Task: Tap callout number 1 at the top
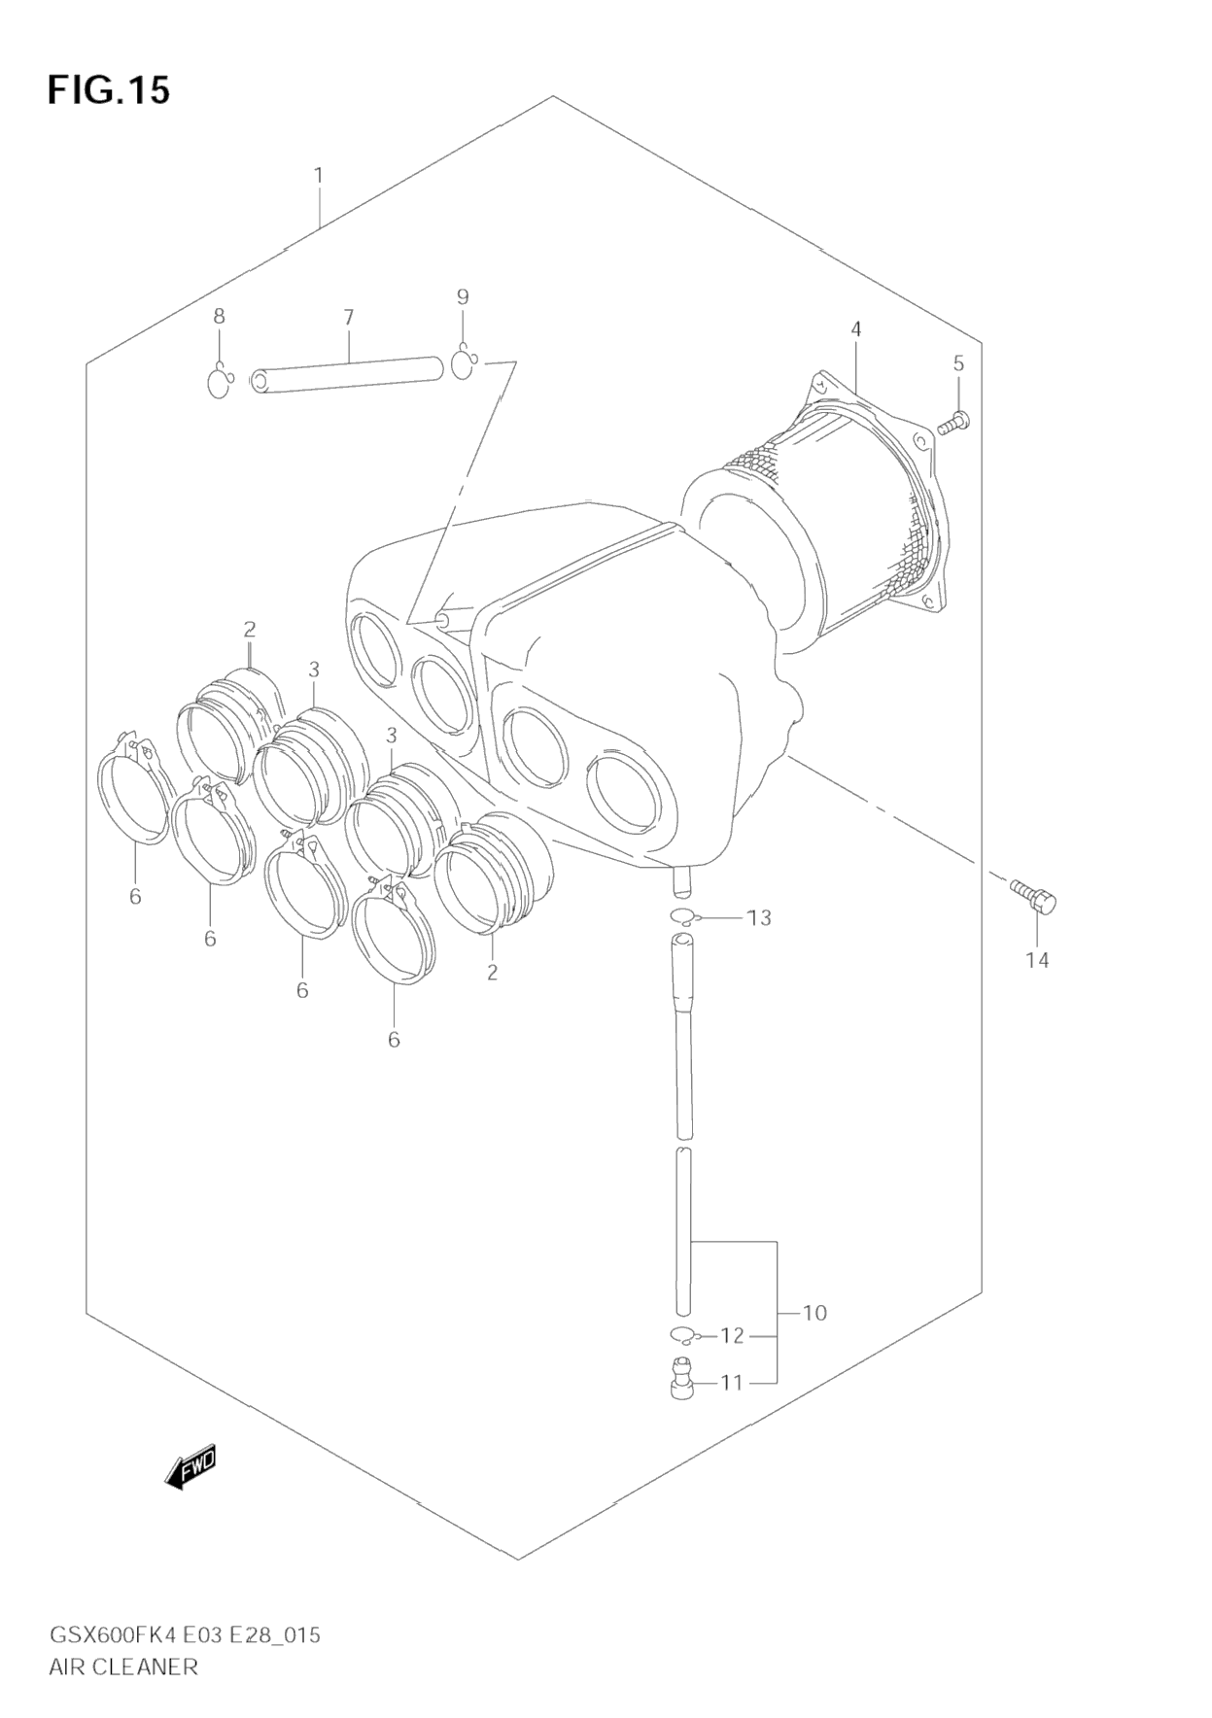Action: coord(319,176)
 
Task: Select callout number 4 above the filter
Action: coord(856,329)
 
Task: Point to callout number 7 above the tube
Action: coord(349,317)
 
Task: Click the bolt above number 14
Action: coord(1032,895)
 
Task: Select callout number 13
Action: coord(759,917)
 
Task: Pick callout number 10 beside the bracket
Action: coord(814,1313)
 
